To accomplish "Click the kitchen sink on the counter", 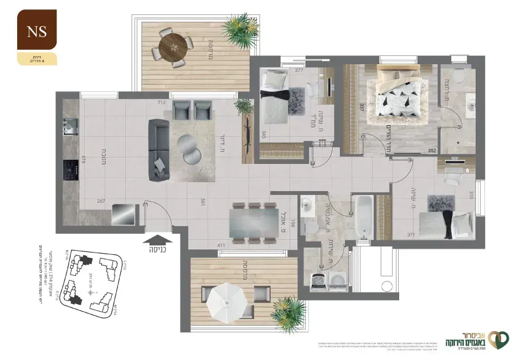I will [70, 127].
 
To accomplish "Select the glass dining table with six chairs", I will [255, 223].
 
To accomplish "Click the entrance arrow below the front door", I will [158, 239].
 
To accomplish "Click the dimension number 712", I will [162, 102].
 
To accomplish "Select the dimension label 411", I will [221, 245].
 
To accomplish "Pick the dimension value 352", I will [432, 150].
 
